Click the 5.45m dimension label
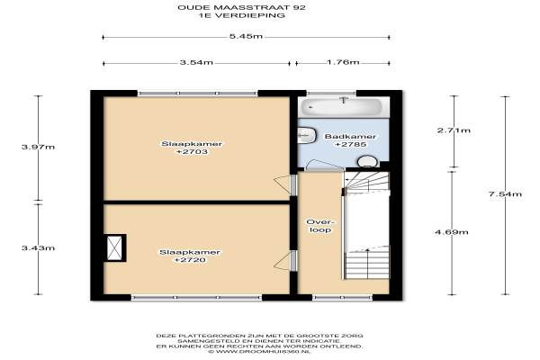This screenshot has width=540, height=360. click(246, 36)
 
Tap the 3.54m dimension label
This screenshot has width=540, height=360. click(196, 62)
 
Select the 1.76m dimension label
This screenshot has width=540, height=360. click(343, 62)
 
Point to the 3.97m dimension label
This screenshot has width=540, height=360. click(38, 147)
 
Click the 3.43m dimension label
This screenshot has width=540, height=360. click(38, 247)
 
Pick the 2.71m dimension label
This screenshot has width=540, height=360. click(454, 130)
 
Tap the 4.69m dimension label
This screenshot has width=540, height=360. click(452, 232)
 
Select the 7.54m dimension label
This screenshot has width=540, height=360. click(505, 194)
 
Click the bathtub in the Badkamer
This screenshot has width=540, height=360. click(341, 107)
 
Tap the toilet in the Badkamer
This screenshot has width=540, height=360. click(367, 162)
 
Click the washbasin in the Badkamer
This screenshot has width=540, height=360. click(307, 135)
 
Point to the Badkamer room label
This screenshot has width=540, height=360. click(351, 140)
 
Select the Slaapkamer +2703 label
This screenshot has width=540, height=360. click(192, 148)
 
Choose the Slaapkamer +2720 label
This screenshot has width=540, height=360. click(190, 256)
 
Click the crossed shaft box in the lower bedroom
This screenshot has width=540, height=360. click(114, 248)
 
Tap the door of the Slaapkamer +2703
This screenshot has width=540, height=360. click(285, 184)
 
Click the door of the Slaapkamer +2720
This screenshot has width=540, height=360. click(285, 261)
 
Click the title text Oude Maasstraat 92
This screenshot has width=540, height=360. click(241, 7)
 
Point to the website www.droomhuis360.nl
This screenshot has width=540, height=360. click(260, 352)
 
